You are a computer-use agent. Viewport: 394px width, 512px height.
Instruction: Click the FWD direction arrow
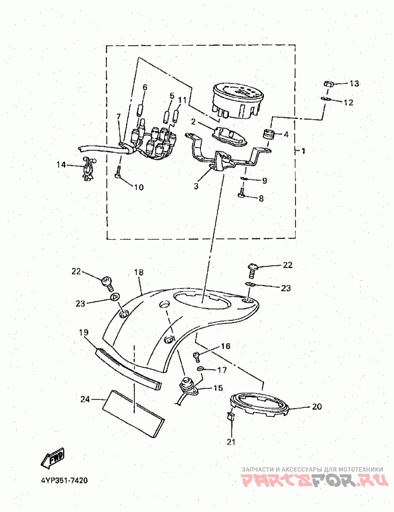point(52,456)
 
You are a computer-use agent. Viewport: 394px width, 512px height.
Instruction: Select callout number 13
point(355,83)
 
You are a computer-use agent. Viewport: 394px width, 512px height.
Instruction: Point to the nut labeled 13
point(331,84)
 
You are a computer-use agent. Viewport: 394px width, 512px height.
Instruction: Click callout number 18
point(138,272)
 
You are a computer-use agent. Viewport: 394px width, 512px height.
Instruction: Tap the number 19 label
point(83,332)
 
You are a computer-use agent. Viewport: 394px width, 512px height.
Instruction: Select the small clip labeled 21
point(230,417)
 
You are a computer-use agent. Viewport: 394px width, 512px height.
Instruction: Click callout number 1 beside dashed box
point(303,151)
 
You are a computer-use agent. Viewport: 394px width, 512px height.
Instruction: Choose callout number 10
point(138,187)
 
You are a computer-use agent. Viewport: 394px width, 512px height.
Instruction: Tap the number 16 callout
point(225,347)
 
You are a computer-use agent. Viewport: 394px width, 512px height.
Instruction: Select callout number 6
point(145,88)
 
